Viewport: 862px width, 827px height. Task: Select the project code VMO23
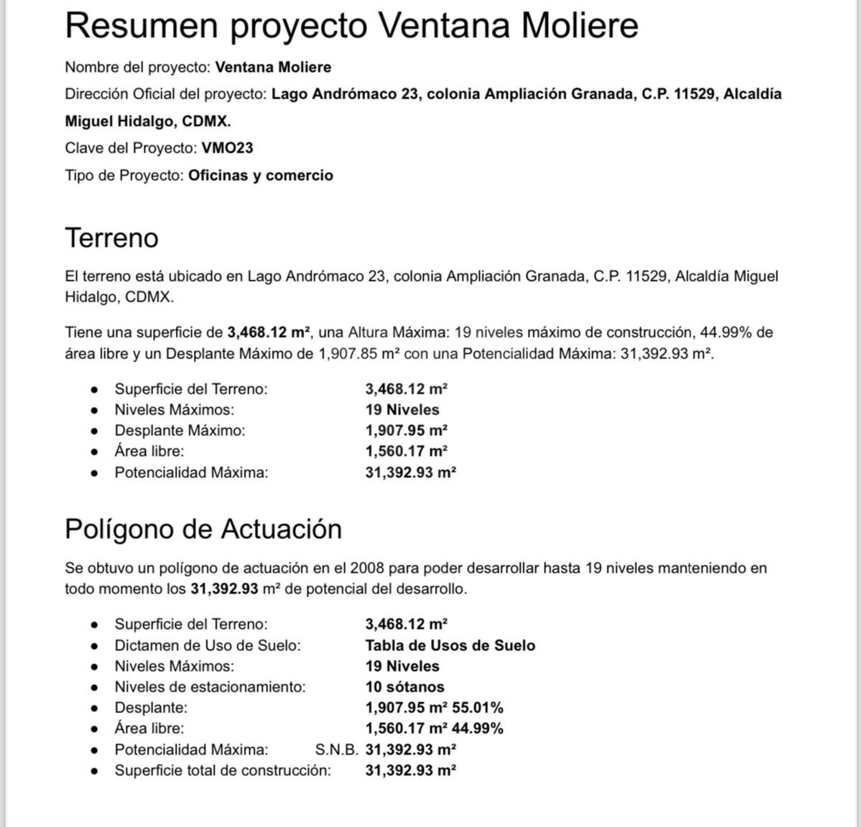[x=227, y=149]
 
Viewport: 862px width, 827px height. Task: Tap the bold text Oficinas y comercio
[x=261, y=176]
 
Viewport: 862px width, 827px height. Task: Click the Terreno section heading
[x=111, y=238]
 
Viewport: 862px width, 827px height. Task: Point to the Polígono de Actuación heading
[x=203, y=529]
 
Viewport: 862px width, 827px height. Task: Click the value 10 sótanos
[x=404, y=687]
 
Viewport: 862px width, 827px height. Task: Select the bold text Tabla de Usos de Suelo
[x=450, y=645]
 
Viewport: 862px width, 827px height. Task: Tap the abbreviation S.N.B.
[x=337, y=750]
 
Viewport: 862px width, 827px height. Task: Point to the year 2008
[x=367, y=569]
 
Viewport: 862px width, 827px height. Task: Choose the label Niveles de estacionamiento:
[x=210, y=687]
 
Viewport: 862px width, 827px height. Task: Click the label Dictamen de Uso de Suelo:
[x=207, y=645]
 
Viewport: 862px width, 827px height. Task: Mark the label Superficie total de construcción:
[x=223, y=771]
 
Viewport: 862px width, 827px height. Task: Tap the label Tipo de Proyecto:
[x=124, y=176]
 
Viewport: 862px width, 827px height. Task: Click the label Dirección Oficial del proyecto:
[x=166, y=94]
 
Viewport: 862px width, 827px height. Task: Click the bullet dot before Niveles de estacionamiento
[x=94, y=687]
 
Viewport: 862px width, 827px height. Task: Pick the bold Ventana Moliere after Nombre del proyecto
[x=273, y=67]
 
